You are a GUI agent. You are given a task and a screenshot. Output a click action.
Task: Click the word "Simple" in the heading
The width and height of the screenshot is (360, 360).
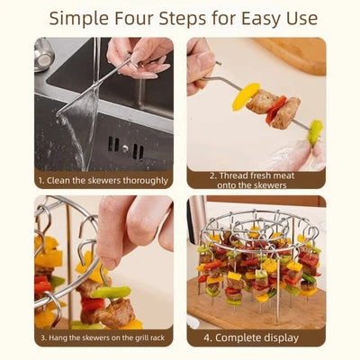click(x=79, y=19)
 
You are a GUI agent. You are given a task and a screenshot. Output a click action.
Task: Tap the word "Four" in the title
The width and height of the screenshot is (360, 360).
click(x=133, y=18)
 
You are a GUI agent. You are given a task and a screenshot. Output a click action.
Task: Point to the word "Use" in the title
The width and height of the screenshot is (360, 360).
click(x=303, y=19)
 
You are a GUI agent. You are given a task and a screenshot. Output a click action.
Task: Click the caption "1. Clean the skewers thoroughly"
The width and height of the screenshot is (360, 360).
click(x=103, y=181)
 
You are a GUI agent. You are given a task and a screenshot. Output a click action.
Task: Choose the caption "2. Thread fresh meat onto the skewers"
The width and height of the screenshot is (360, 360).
click(x=252, y=180)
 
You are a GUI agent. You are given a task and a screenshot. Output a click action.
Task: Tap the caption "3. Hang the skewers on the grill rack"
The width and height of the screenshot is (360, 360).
click(x=103, y=337)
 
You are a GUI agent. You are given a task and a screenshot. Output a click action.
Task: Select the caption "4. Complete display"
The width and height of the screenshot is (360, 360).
click(x=251, y=337)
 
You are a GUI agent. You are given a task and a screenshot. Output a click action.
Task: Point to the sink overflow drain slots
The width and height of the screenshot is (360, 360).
click(x=126, y=148)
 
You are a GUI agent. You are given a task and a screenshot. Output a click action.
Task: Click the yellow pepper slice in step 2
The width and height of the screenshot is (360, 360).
click(x=246, y=96)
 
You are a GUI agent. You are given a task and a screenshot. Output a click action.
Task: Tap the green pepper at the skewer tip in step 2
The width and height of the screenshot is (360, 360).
click(x=315, y=132)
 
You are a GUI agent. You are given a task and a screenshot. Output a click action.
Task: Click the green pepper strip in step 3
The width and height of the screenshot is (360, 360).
click(x=111, y=292)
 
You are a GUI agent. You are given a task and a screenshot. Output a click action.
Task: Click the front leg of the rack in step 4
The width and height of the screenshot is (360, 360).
click(x=277, y=291)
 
